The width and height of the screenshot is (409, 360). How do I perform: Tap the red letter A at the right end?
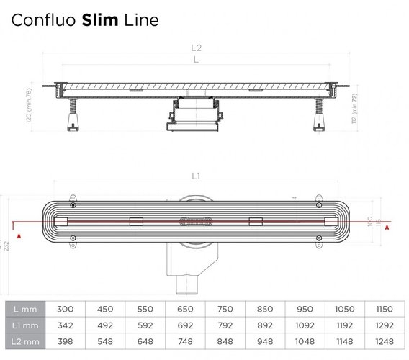pyautogui.click(x=387, y=227)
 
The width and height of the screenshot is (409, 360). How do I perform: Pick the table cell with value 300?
pyautogui.click(x=66, y=308)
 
